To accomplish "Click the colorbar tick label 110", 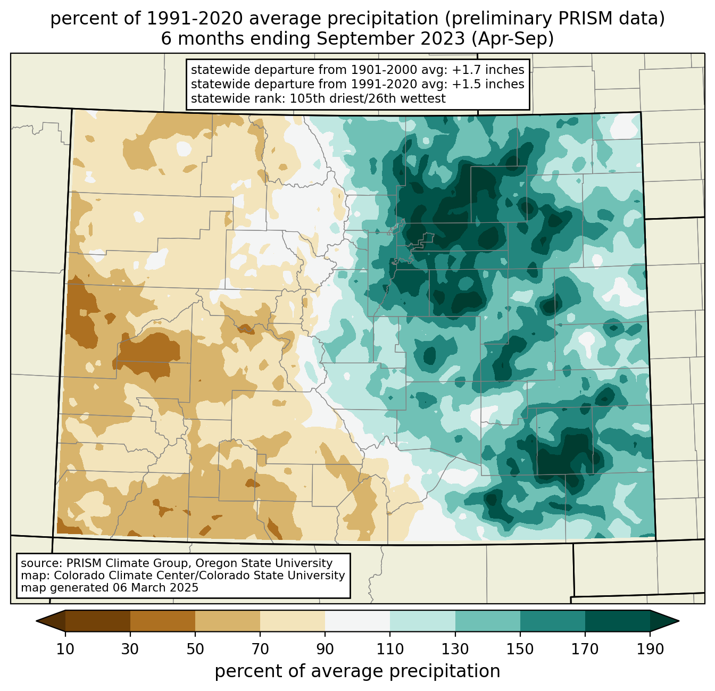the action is [390, 650].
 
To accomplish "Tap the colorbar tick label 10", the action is [65, 650].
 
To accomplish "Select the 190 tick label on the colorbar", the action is [650, 650].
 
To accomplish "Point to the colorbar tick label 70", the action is [260, 650].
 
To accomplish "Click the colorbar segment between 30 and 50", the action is [163, 621].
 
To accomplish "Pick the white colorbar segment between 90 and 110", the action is [358, 621].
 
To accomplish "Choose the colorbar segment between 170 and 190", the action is [617, 621].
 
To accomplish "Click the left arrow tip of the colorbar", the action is [36, 621].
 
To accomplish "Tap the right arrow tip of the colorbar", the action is [679, 621].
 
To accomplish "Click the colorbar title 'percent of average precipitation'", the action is [357, 671].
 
